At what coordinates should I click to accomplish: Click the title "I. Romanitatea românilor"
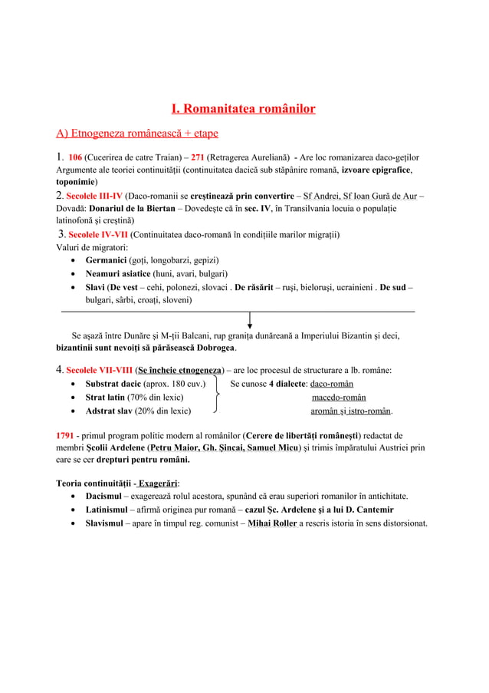click(243, 109)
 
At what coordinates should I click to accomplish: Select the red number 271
click(198, 157)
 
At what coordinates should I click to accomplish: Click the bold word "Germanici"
click(106, 261)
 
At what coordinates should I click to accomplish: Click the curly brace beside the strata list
click(218, 397)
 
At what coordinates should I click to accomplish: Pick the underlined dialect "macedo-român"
click(338, 398)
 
